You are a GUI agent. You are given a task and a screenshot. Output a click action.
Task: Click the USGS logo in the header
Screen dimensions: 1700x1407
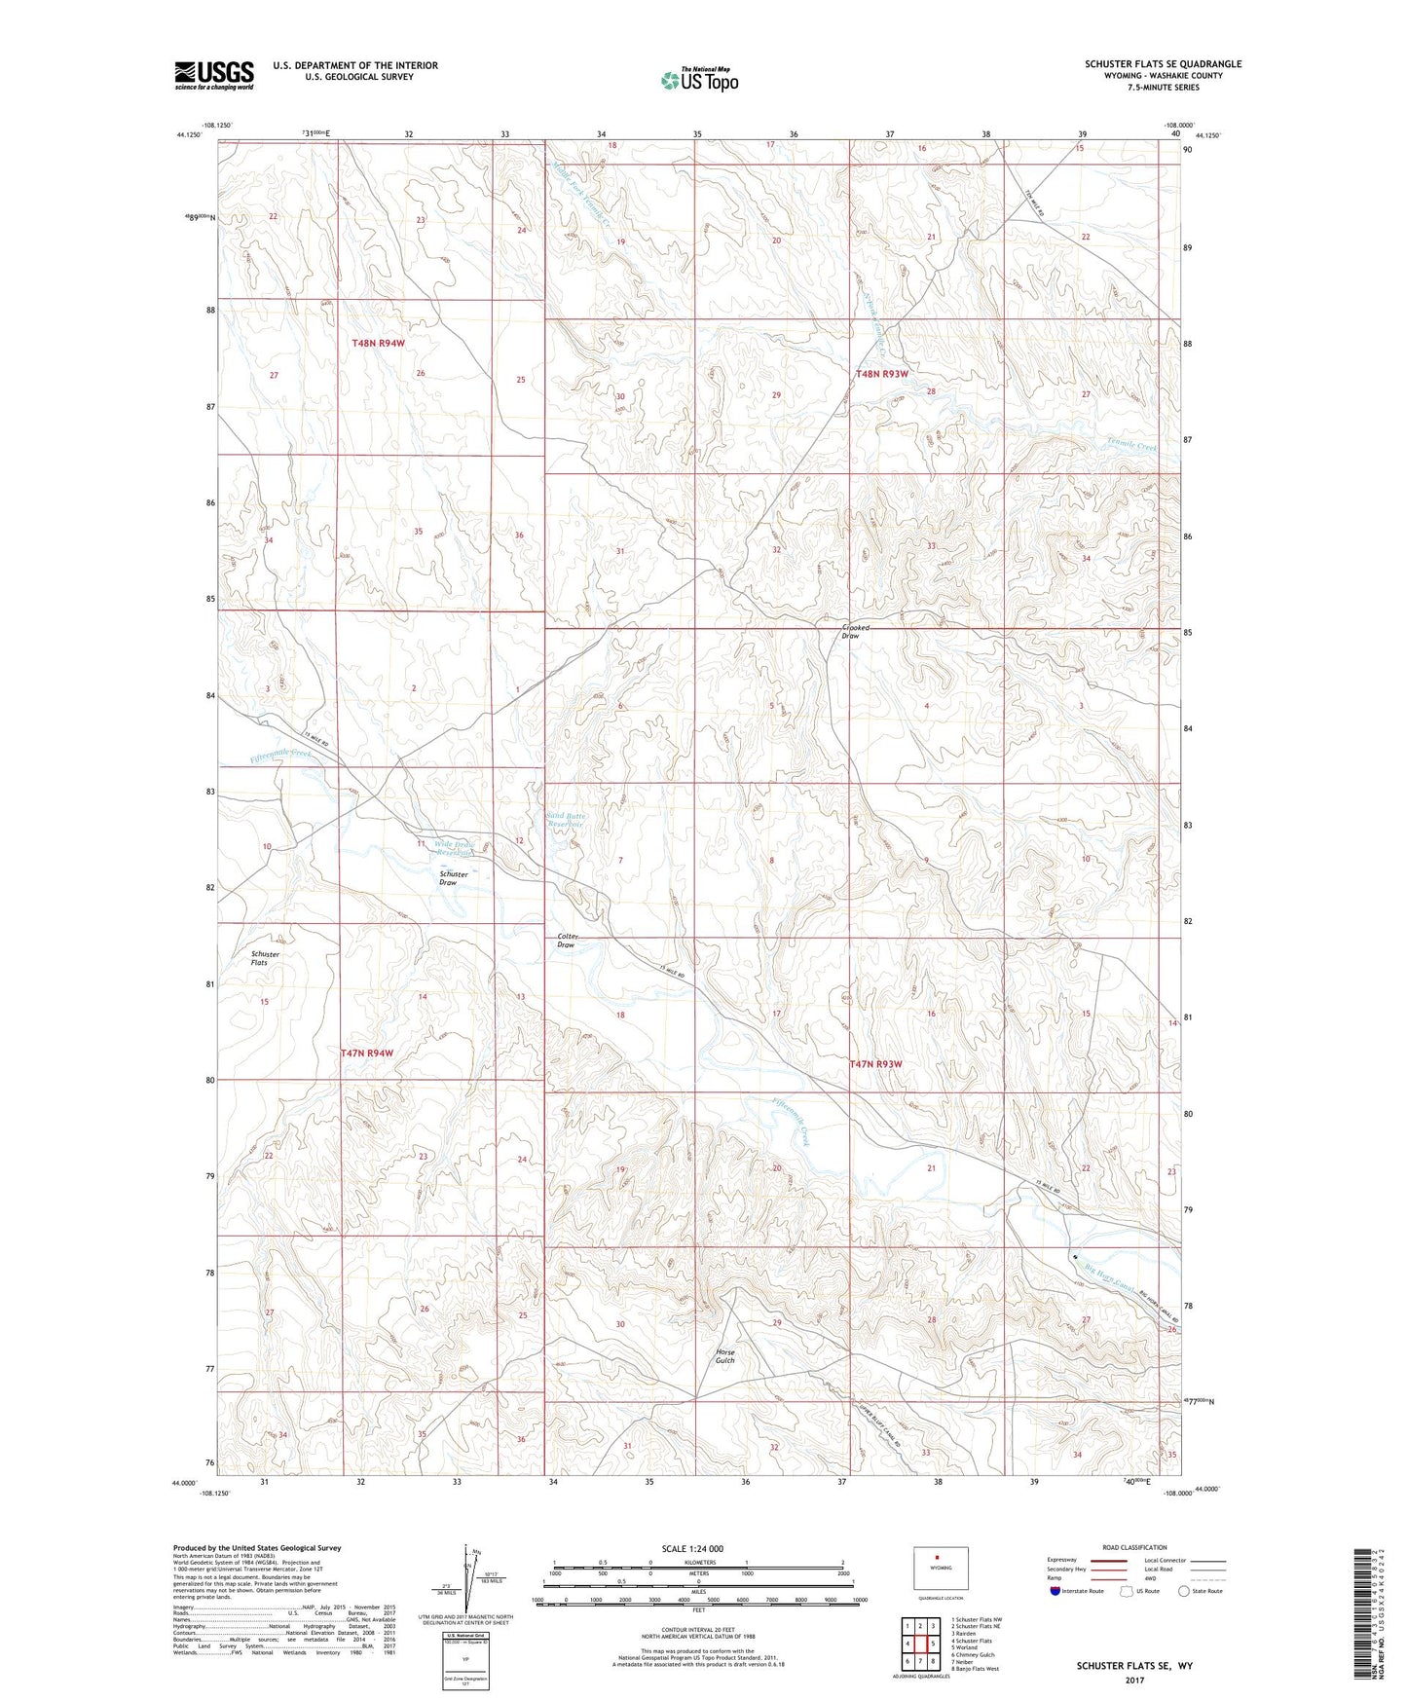tap(213, 75)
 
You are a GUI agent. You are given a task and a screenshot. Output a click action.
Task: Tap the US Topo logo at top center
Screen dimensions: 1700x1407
tap(698, 80)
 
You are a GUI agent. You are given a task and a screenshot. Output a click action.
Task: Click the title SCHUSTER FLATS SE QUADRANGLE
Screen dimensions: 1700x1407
tap(1163, 64)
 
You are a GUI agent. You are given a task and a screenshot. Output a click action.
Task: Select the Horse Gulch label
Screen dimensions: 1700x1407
tap(724, 1355)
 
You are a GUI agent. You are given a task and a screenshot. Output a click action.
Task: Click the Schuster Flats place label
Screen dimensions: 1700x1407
tap(265, 958)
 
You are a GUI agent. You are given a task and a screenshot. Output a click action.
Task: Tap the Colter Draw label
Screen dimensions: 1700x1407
tap(568, 941)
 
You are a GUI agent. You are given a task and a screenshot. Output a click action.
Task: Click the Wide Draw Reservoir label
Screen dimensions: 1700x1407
tap(454, 847)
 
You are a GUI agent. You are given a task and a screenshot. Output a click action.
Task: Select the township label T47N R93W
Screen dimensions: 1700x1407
tap(876, 1064)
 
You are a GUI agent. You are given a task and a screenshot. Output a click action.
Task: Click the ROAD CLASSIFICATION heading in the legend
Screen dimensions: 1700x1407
tap(1134, 1547)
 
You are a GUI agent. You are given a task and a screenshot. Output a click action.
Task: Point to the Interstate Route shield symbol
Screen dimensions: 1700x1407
tap(1055, 1591)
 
